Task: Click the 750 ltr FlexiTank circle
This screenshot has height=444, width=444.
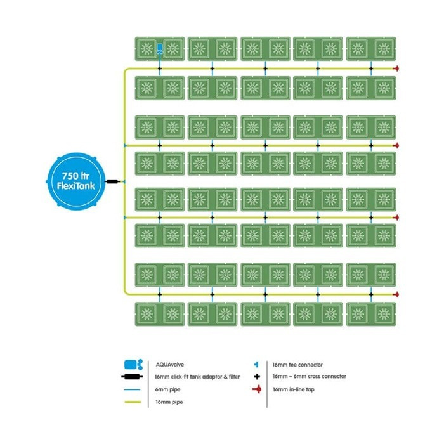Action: click(75, 181)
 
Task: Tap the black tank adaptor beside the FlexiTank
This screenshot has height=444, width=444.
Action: click(112, 181)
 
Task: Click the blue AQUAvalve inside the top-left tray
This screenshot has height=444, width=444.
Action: click(160, 49)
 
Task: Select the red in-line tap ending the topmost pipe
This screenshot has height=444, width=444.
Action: click(396, 69)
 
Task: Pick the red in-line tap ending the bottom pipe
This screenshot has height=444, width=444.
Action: click(396, 294)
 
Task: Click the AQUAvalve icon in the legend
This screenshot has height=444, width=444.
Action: click(133, 365)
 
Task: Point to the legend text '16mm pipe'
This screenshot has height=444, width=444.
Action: click(169, 402)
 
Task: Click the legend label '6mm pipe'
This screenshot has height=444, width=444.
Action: click(167, 389)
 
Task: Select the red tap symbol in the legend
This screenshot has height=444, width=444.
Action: click(257, 389)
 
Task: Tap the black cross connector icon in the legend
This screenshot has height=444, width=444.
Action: click(257, 377)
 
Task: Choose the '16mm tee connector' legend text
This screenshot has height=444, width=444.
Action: click(297, 365)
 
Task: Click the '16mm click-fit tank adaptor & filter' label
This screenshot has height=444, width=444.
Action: click(197, 377)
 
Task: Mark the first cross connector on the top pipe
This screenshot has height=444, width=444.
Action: click(160, 69)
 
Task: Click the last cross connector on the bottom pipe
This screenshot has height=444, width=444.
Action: click(371, 294)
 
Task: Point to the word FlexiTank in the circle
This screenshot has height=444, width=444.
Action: click(76, 186)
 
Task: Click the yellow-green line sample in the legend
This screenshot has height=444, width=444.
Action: click(133, 402)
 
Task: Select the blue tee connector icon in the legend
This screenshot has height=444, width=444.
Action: click(256, 365)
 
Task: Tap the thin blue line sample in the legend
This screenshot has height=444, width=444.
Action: click(132, 389)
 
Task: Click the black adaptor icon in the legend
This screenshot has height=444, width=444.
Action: click(132, 377)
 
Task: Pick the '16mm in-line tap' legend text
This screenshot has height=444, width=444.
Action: click(293, 389)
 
